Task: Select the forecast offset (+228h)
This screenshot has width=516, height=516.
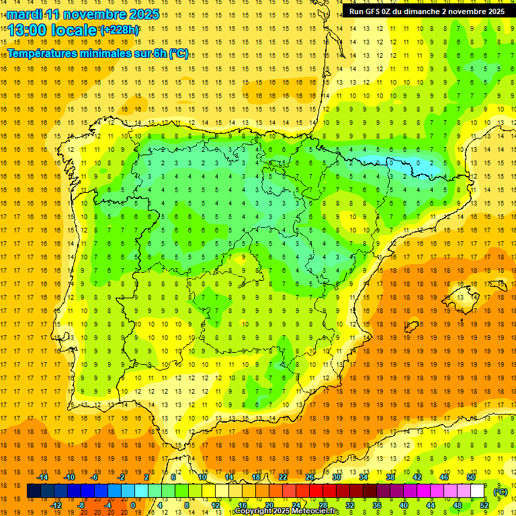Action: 120,30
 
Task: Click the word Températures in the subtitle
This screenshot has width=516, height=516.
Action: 41,54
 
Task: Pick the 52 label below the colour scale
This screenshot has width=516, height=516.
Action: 484,505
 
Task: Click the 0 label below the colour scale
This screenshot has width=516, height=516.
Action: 132,505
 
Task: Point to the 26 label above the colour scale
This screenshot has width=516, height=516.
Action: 310,477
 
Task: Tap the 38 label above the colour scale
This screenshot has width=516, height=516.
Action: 390,477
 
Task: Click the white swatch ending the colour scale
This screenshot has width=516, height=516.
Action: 478,491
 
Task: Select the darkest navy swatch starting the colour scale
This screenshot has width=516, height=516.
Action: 34,491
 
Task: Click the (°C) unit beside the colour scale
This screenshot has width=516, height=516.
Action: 501,492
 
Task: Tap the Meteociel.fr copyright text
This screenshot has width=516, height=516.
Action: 288,511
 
